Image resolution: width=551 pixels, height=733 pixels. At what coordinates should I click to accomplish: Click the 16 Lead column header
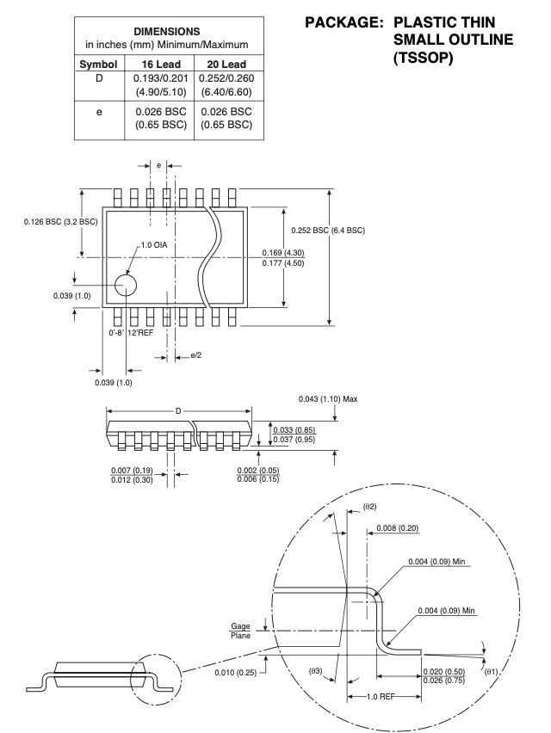click(161, 64)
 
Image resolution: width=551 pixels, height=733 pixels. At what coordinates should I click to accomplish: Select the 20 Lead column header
click(226, 64)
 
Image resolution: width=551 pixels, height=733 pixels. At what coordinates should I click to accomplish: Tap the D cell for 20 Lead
click(226, 84)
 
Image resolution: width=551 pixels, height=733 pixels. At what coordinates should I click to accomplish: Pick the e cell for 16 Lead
click(161, 118)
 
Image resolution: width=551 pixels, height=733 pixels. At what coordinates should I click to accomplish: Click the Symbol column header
click(98, 64)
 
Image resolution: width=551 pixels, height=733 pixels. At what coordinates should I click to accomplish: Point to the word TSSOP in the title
click(424, 58)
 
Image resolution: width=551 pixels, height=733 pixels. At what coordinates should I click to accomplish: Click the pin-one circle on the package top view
click(126, 285)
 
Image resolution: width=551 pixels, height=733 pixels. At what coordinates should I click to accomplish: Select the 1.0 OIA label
click(154, 245)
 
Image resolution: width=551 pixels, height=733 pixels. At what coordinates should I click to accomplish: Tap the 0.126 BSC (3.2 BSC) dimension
click(61, 222)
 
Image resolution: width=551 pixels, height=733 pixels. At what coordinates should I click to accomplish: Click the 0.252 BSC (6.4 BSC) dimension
click(328, 231)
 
